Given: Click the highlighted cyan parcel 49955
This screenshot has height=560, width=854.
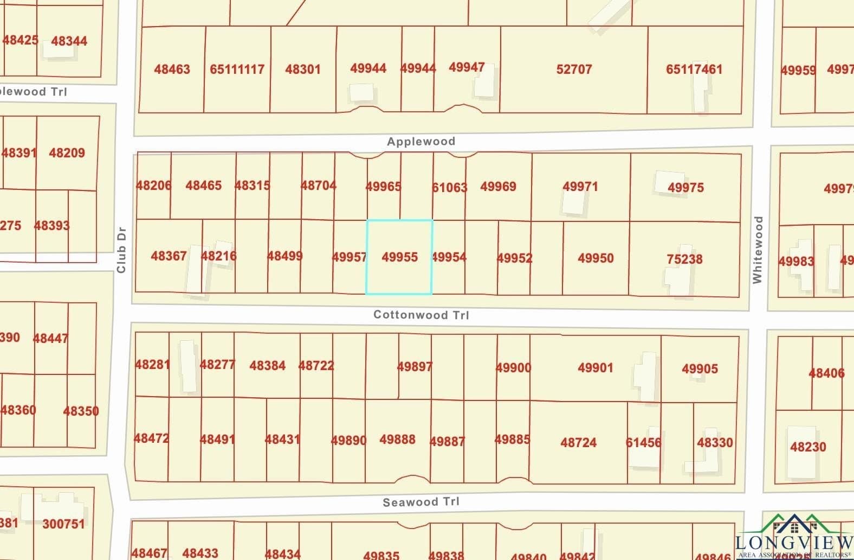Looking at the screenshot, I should [399, 257].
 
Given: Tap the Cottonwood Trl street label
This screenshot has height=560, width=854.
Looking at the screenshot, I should [421, 315].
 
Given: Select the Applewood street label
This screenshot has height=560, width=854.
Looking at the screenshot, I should [421, 142].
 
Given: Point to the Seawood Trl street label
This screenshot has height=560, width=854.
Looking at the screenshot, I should [421, 502].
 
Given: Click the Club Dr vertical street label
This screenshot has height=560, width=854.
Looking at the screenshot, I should [121, 250].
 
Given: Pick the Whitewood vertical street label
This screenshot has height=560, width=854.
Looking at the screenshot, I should [758, 250].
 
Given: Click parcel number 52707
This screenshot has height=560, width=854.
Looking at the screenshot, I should [574, 69].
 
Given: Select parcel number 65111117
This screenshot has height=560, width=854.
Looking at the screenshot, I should [237, 69].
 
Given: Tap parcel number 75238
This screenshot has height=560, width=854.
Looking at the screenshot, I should [684, 259].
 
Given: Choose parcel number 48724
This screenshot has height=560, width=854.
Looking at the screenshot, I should [578, 442].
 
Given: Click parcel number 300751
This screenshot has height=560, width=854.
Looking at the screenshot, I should [63, 524].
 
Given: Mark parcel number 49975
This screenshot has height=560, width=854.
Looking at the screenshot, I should [685, 188].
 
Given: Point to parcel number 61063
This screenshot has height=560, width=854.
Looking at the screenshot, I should [449, 188].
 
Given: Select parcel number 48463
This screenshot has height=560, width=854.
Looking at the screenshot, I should [172, 69].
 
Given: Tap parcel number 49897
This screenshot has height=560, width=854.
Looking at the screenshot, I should [415, 367].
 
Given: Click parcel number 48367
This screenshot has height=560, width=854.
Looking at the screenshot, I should [169, 256].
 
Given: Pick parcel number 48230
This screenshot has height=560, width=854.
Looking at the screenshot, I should [808, 447].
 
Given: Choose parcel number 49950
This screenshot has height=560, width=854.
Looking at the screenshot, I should [596, 258].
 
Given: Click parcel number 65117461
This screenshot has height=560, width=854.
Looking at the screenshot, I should [694, 69].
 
